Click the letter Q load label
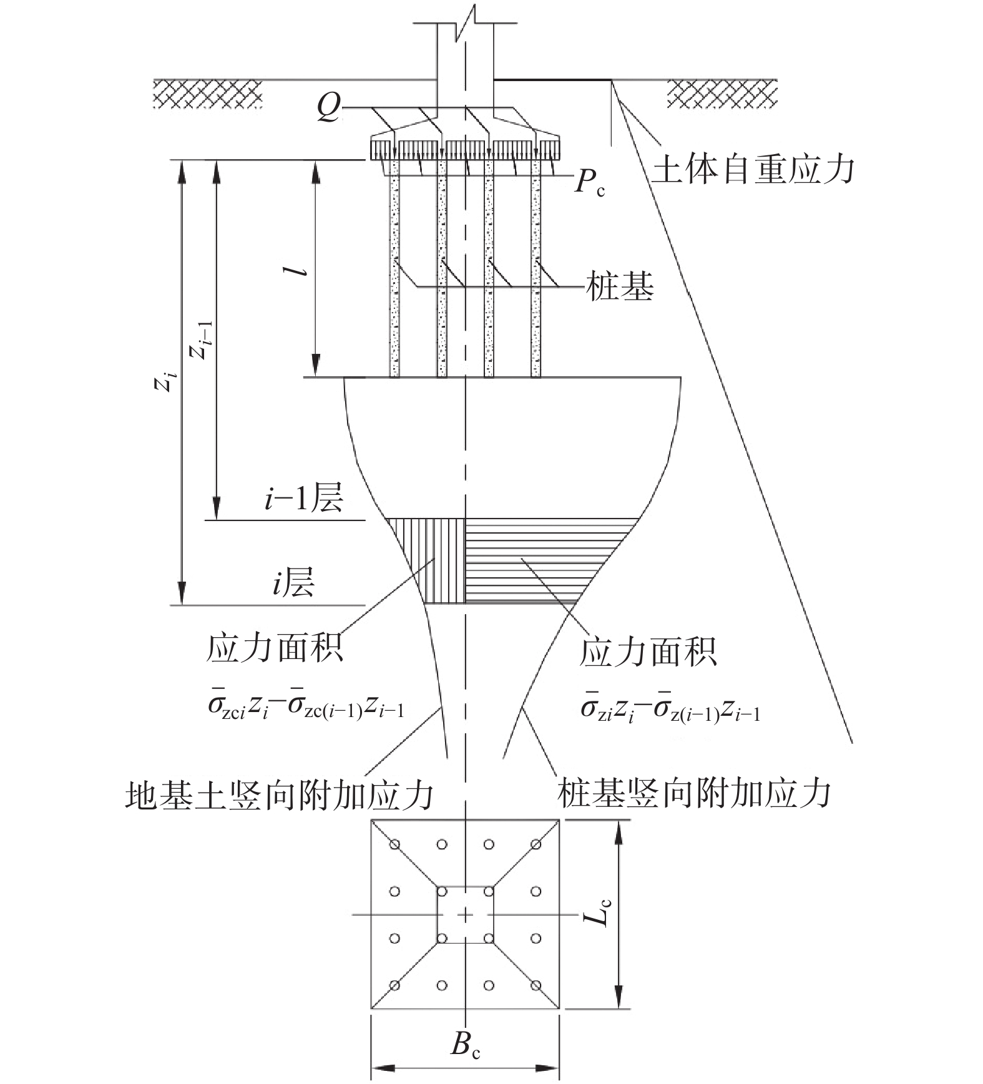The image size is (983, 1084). pos(329,110)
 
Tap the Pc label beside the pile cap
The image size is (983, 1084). pos(590,183)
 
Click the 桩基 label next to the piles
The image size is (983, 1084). pos(620,287)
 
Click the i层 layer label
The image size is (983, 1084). pos(292,583)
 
